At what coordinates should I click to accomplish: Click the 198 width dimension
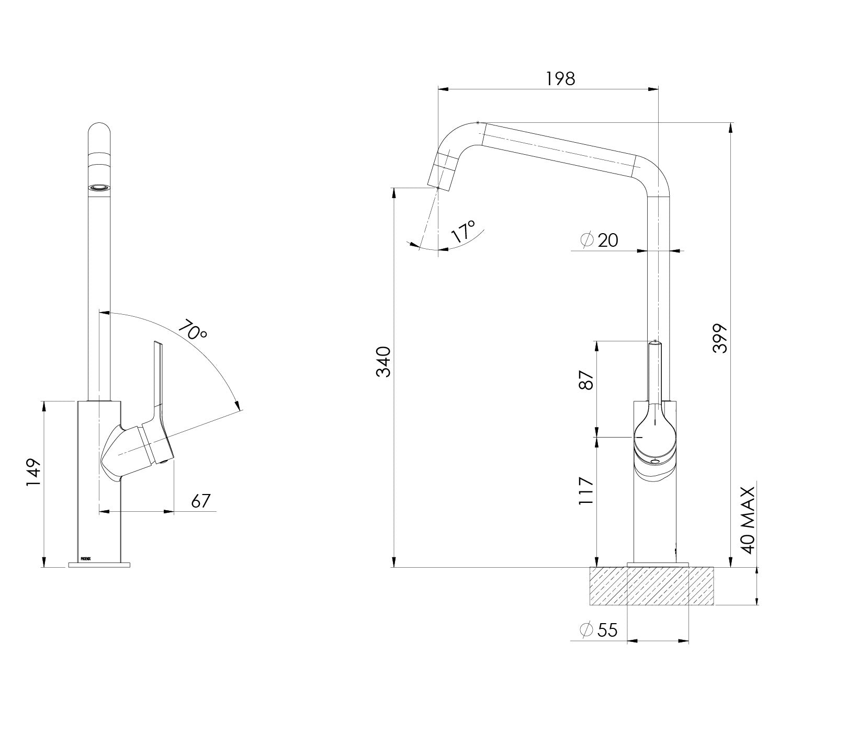560,79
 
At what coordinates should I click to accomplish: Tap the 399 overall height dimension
721,338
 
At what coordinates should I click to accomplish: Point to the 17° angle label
464,231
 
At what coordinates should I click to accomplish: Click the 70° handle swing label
193,330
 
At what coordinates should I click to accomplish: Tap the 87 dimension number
586,381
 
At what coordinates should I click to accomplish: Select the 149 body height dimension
34,473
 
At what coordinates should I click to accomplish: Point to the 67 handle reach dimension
200,501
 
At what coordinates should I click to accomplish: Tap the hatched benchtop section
652,587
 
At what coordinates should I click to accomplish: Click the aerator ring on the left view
99,187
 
